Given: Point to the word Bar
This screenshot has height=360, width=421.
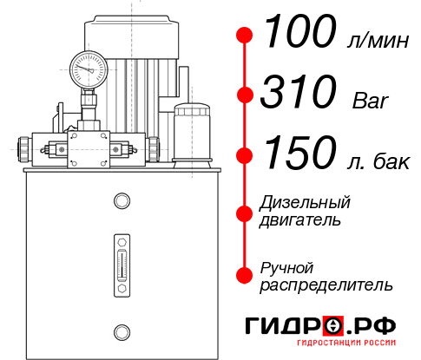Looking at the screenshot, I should tap(371, 101).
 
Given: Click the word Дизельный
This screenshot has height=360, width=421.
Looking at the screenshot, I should tap(306, 202).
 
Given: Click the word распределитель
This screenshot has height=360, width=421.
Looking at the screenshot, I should tap(326, 285).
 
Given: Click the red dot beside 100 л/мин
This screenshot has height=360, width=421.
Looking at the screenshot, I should tap(245, 35).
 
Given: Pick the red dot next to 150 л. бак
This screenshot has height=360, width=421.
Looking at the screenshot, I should tap(245, 156).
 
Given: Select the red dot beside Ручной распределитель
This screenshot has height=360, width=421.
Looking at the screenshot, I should tap(245, 275).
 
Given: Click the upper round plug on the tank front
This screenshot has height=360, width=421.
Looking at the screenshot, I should tap(121, 202).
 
